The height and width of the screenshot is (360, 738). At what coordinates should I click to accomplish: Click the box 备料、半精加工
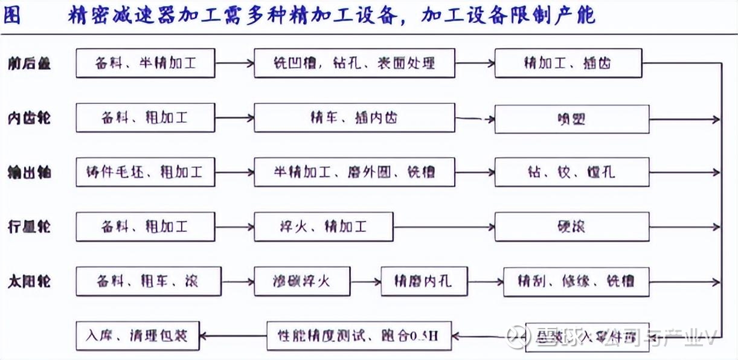(x=145, y=63)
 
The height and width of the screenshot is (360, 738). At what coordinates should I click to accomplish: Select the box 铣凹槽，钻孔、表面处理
(x=354, y=63)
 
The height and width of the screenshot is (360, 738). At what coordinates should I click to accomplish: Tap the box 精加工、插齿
(x=568, y=63)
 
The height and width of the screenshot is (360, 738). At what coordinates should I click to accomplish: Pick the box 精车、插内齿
(x=354, y=118)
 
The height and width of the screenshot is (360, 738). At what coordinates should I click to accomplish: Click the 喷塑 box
(x=571, y=119)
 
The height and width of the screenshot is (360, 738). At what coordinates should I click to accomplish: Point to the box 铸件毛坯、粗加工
(x=145, y=172)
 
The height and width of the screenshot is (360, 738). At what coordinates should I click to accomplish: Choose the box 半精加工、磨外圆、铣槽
(x=354, y=172)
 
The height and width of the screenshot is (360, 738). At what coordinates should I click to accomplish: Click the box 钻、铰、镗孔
(x=571, y=172)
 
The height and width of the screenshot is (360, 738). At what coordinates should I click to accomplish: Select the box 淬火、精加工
(x=323, y=227)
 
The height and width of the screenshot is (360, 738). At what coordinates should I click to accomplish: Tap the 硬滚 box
(x=571, y=227)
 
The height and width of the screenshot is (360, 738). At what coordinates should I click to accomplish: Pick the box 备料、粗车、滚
(x=145, y=281)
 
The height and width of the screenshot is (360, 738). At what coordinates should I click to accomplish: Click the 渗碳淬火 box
(x=301, y=281)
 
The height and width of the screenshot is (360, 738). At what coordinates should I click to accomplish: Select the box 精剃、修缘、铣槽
(x=576, y=281)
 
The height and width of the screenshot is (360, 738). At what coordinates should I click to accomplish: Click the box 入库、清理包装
(x=138, y=335)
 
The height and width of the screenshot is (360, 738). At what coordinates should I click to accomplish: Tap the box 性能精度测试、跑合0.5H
(x=359, y=336)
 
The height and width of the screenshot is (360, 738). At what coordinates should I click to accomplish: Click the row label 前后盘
(x=29, y=63)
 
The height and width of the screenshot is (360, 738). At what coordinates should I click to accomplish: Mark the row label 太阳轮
(x=29, y=281)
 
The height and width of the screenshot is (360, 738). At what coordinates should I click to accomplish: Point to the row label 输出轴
(x=29, y=173)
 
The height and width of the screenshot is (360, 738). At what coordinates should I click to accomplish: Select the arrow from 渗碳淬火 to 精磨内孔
(x=365, y=281)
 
